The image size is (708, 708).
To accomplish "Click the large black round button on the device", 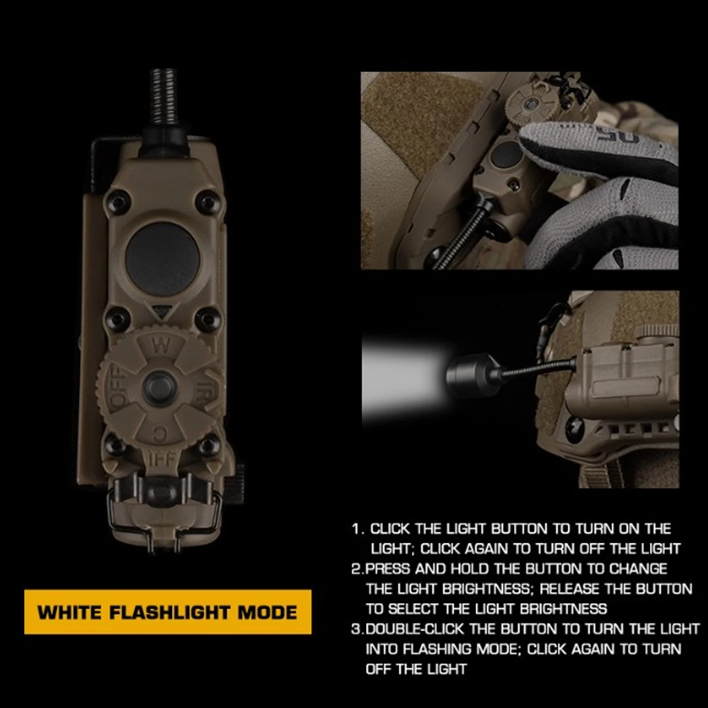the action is (163, 258).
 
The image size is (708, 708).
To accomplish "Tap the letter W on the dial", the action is (161, 346).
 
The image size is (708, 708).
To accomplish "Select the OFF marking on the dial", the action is (118, 387).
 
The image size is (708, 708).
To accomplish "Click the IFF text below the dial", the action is (161, 459).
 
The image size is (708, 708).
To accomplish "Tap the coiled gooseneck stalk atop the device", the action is (163, 96).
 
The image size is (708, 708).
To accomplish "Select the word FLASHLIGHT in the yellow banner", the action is (170, 612).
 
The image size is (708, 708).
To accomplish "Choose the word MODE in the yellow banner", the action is (268, 612).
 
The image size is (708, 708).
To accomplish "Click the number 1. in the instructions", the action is (358, 529).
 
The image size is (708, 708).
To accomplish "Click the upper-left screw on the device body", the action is (118, 201).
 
